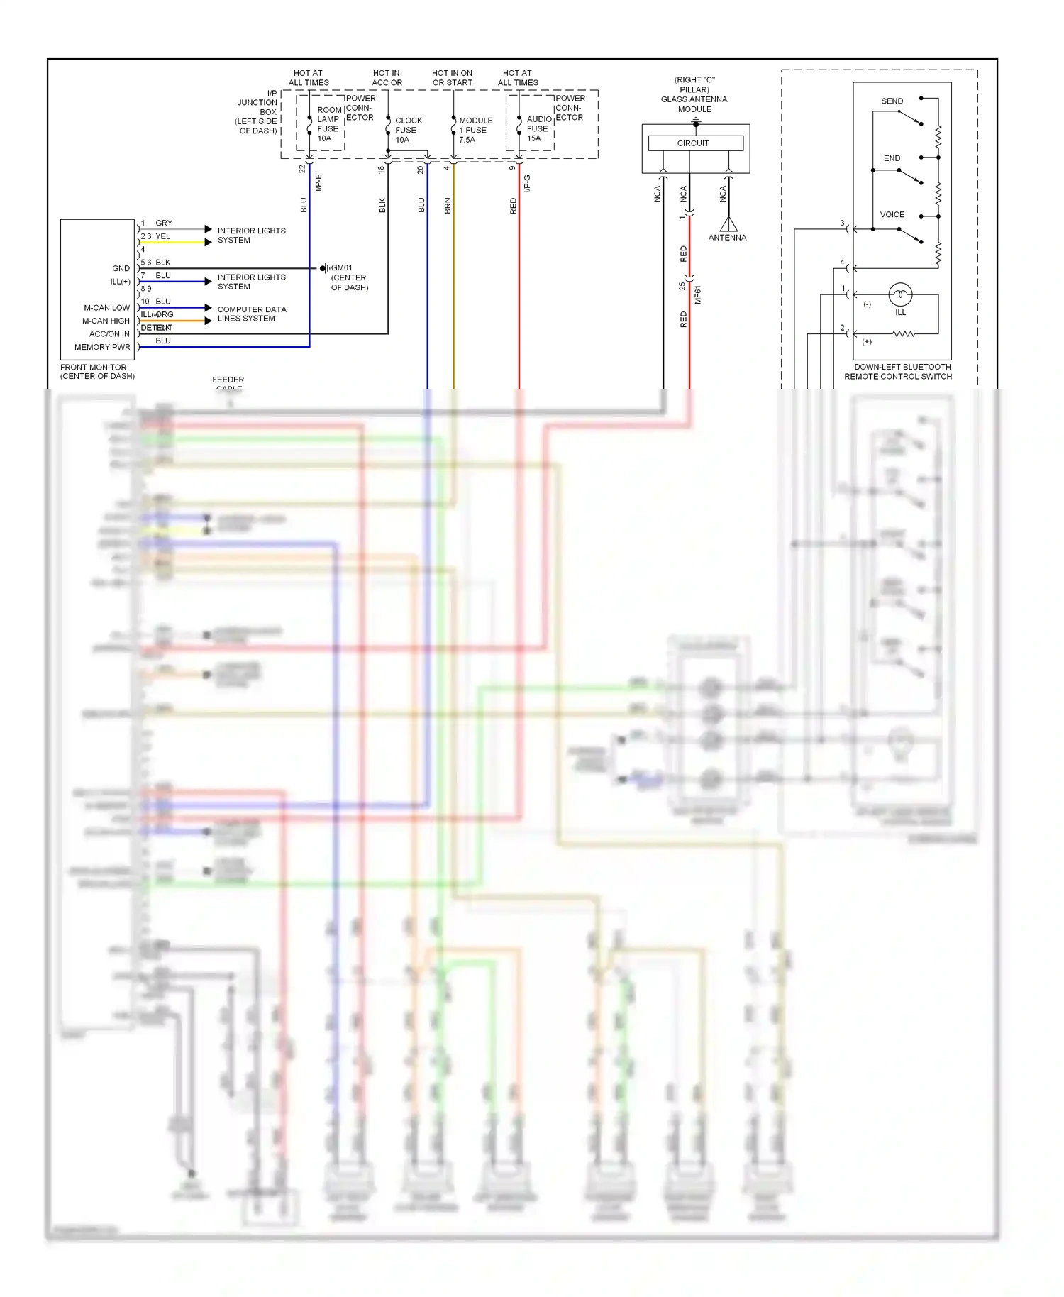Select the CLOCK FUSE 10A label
click(x=408, y=130)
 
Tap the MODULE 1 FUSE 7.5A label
click(x=475, y=130)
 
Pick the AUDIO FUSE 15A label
click(x=538, y=128)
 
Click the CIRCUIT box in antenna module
click(x=694, y=143)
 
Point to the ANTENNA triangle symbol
click(x=728, y=225)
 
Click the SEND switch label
click(x=892, y=101)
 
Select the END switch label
click(x=892, y=158)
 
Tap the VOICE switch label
click(x=892, y=214)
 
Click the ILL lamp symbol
click(x=900, y=294)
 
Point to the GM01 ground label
click(x=341, y=268)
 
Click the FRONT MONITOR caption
click(x=97, y=372)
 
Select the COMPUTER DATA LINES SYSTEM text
click(x=251, y=314)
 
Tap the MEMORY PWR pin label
click(x=102, y=347)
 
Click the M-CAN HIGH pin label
click(x=106, y=321)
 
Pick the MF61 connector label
click(x=697, y=294)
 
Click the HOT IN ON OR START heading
click(x=452, y=78)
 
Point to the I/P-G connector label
click(x=527, y=183)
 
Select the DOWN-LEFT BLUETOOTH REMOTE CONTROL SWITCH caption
click(x=899, y=372)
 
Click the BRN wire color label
click(x=448, y=206)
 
